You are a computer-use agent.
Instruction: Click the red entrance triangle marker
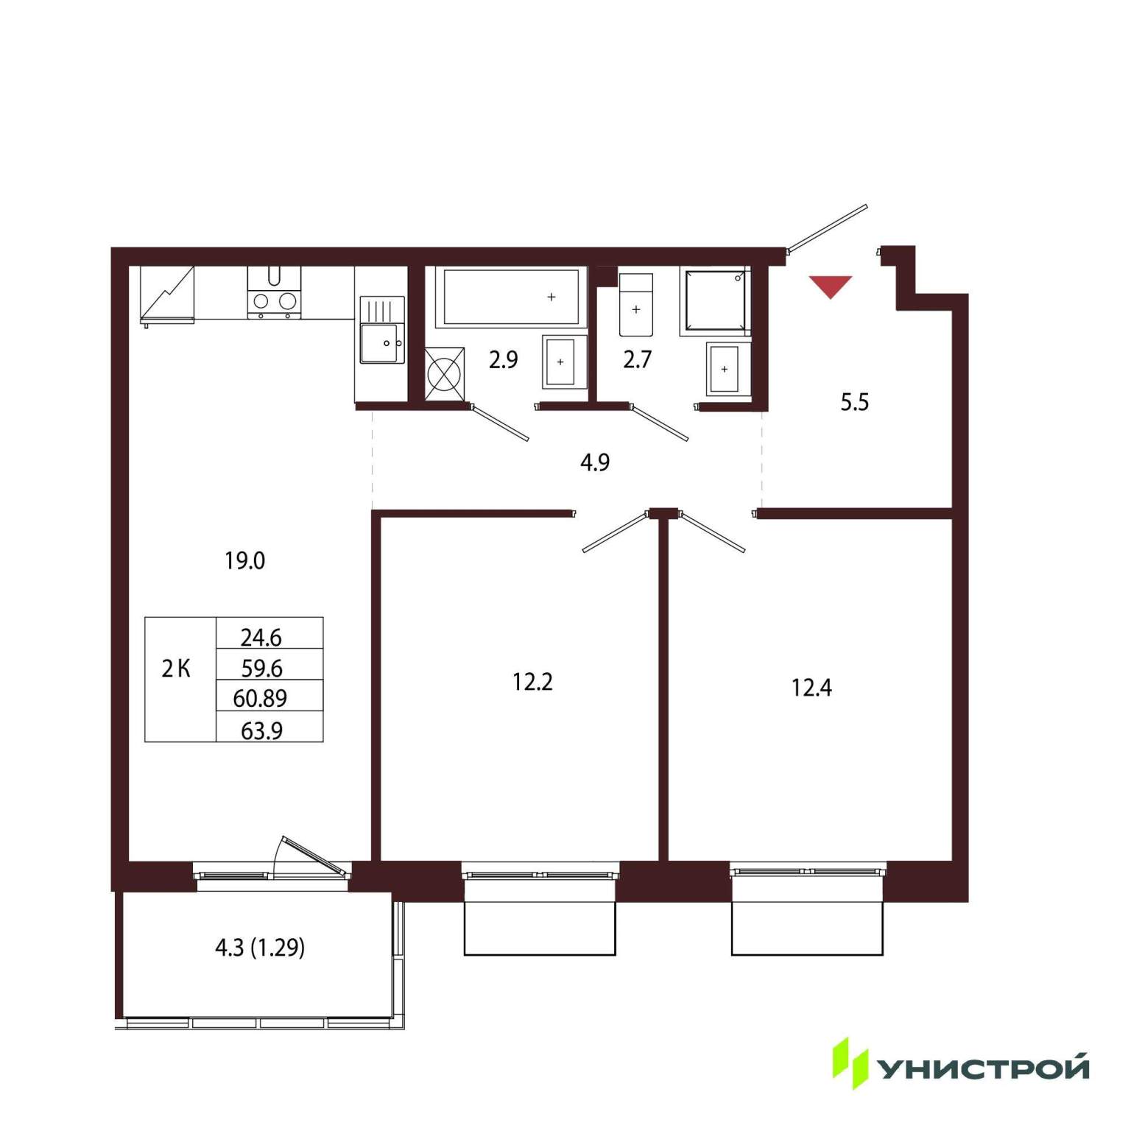[831, 286]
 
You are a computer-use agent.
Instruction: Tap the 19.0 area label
[245, 561]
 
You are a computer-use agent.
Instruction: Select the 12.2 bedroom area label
[532, 682]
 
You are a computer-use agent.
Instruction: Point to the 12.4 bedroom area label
[811, 688]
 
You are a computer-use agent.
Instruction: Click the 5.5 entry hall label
[855, 402]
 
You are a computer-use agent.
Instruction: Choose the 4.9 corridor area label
[595, 462]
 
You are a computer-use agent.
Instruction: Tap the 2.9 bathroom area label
[504, 359]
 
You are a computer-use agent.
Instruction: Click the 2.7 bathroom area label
[637, 359]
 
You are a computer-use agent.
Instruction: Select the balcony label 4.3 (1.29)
[260, 947]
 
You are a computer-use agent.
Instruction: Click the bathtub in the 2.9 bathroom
[511, 297]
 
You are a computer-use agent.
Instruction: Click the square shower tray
[715, 301]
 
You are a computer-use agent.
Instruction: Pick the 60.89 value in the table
[260, 698]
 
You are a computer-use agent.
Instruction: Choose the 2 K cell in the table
[176, 669]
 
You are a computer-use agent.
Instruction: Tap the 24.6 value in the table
[261, 636]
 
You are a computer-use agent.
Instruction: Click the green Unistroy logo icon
[850, 1063]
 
